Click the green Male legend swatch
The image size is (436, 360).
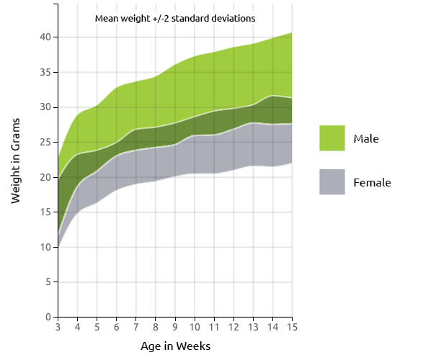pos(332,138)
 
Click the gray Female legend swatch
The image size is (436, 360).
pos(332,182)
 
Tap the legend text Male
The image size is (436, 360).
pos(366,138)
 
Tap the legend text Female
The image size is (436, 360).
pos(372,183)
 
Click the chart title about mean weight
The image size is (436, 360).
pos(175,18)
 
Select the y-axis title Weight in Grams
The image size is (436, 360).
pos(16,163)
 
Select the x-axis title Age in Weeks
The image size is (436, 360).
pos(175,346)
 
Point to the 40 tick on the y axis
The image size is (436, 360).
pos(45,37)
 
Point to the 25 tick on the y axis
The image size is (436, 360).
pos(45,143)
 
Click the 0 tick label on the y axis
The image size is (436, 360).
pos(48,318)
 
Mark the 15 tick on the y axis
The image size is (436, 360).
pos(45,212)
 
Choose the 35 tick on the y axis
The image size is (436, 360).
pos(45,72)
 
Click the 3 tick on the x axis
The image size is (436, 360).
pos(58,328)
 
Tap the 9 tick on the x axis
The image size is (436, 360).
pos(175,328)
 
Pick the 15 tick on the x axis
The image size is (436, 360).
pos(292,328)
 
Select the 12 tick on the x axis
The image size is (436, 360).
pos(233,328)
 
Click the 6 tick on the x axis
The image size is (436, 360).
pos(116,328)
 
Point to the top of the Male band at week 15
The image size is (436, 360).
pos(292,33)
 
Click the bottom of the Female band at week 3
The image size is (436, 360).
pos(58,246)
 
